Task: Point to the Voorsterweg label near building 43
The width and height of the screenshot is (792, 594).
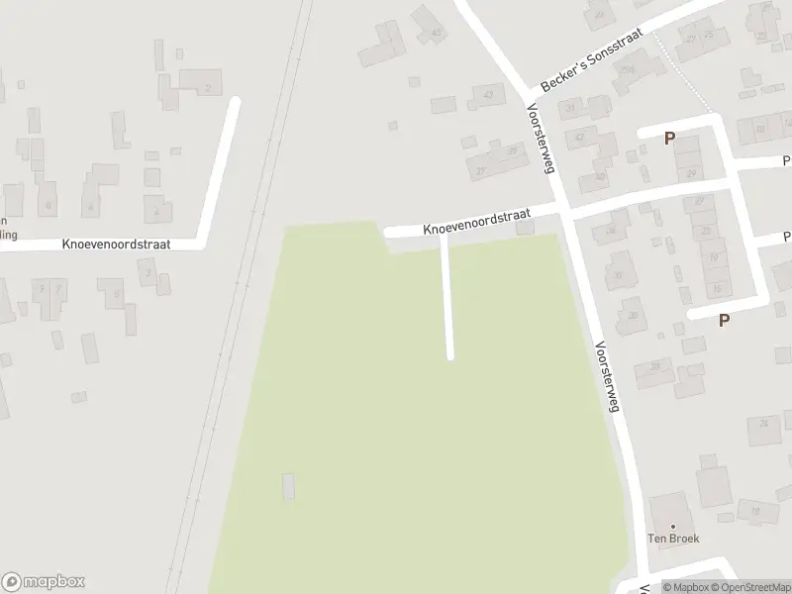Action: pyautogui.click(x=540, y=139)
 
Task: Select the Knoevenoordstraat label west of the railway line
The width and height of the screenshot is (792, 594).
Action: pyautogui.click(x=116, y=243)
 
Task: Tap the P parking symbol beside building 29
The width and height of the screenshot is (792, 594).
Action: pyautogui.click(x=670, y=139)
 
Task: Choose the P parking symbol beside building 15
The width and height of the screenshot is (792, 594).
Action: pyautogui.click(x=725, y=320)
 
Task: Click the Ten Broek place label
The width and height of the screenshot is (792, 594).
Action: pyautogui.click(x=673, y=539)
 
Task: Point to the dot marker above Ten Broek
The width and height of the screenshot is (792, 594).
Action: pyautogui.click(x=673, y=526)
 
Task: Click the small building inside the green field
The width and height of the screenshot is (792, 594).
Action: pyautogui.click(x=288, y=486)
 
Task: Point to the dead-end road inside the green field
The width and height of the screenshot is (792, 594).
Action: pyautogui.click(x=446, y=297)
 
